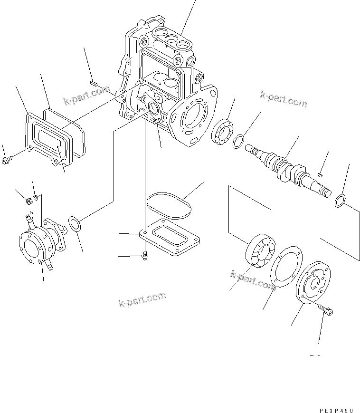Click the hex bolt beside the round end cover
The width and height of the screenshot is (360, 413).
coord(326,311)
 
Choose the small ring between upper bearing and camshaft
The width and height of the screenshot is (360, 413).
coord(239,141)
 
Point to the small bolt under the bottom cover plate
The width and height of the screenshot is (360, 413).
coord(144,256)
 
